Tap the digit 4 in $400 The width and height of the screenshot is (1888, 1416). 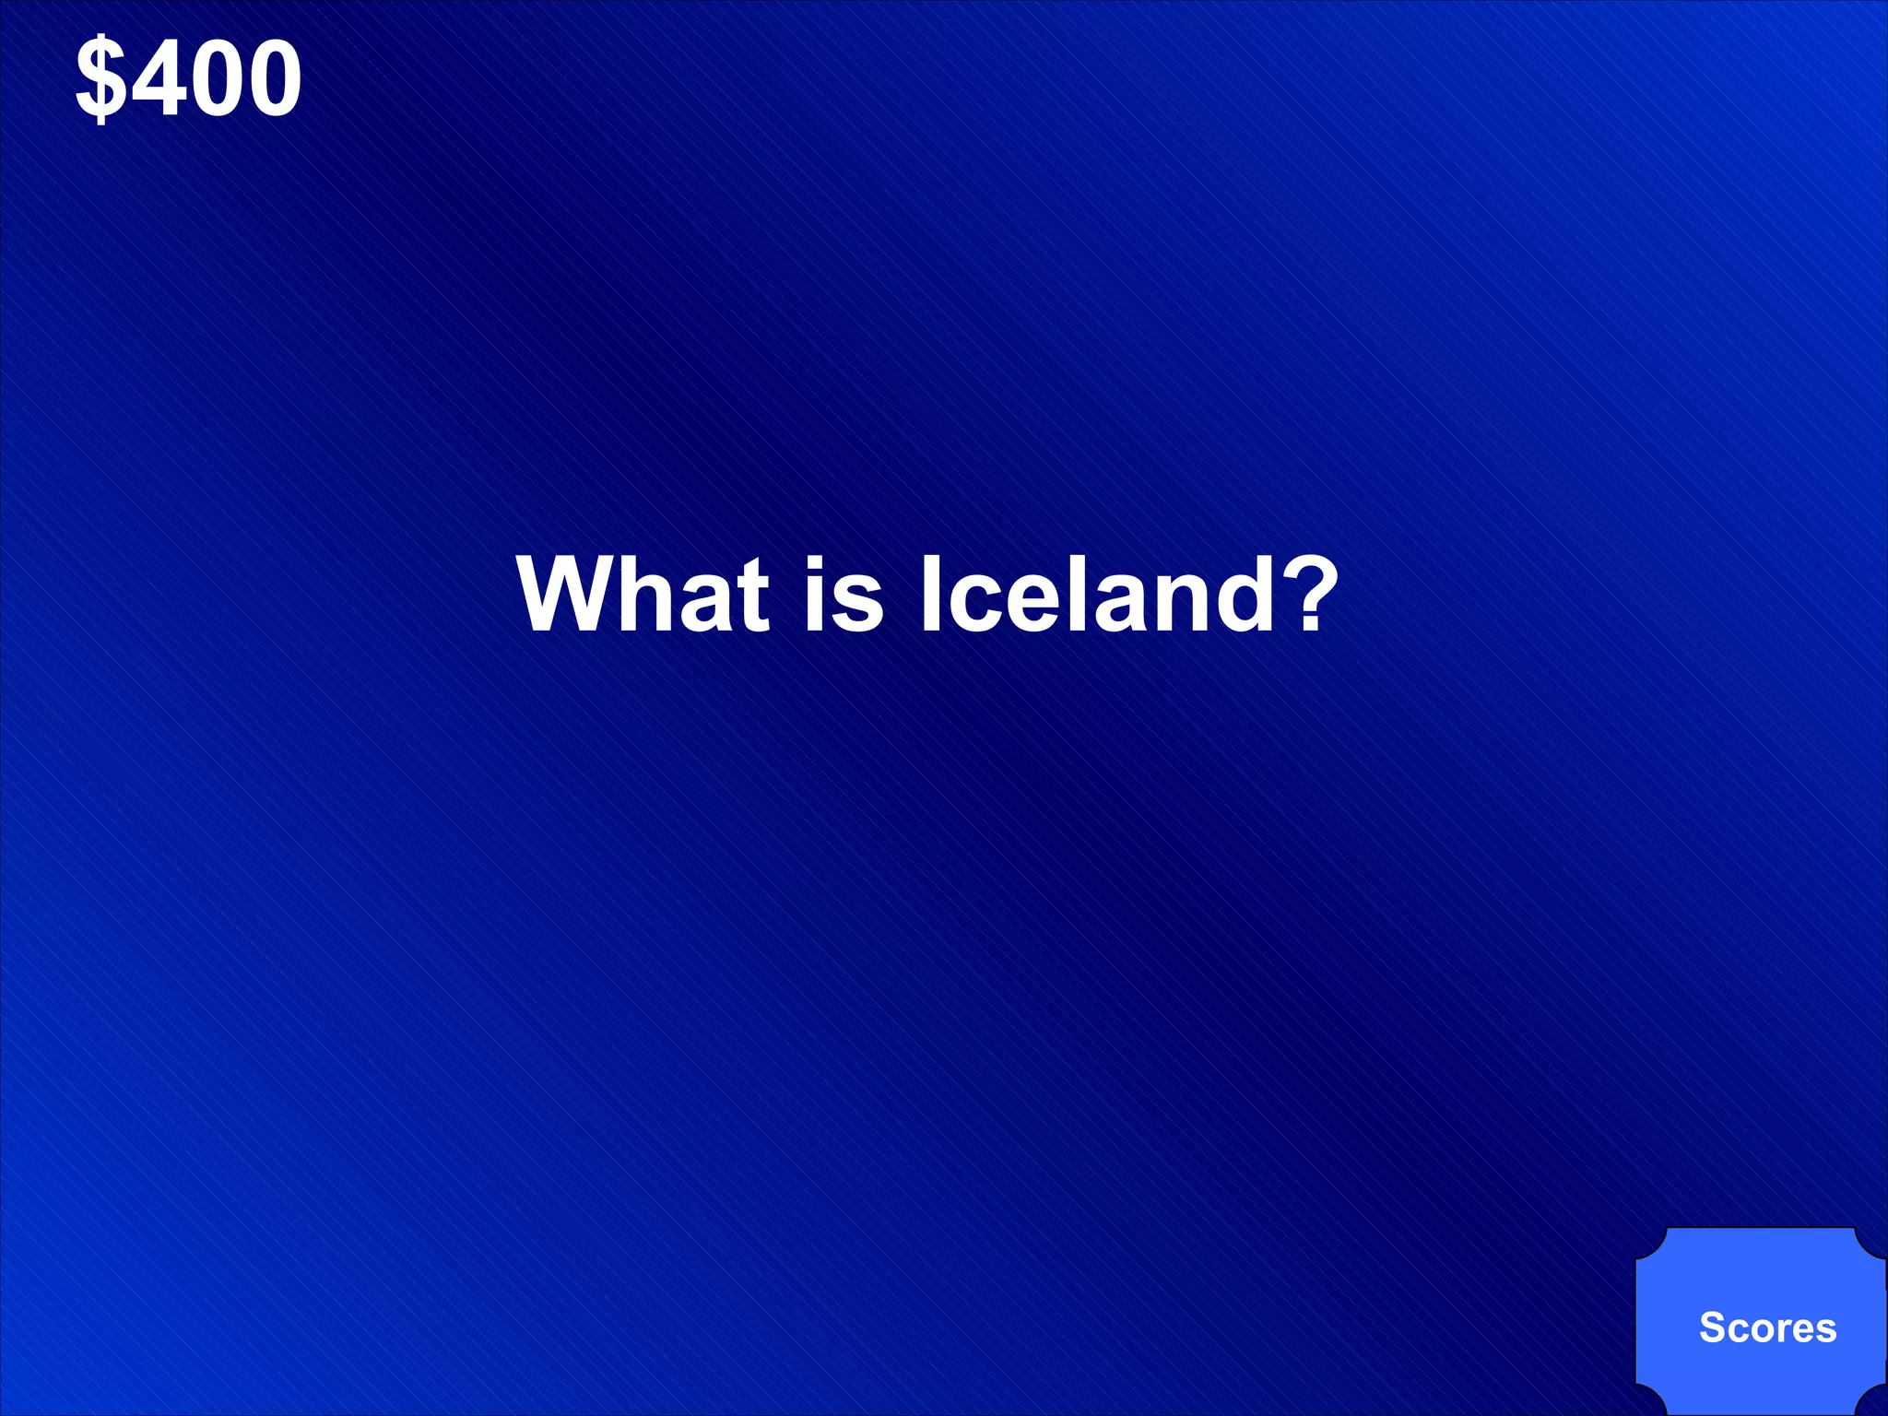click(158, 79)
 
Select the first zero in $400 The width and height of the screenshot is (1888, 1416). click(214, 79)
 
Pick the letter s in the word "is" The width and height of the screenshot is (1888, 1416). click(859, 603)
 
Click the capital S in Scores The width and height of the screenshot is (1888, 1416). click(1712, 1327)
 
